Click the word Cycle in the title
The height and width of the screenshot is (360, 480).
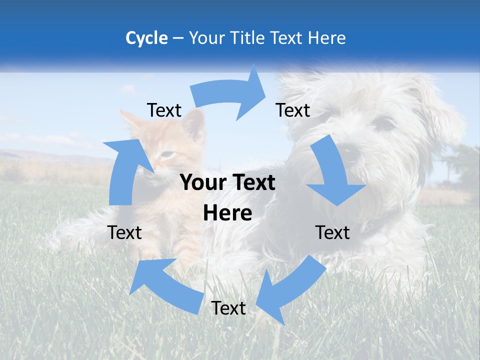click(146, 38)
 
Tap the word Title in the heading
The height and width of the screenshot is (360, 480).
click(251, 38)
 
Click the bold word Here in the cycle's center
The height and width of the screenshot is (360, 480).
click(227, 213)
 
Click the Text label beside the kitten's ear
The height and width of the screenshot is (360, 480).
click(164, 110)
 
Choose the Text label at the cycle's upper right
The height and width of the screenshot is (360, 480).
click(293, 110)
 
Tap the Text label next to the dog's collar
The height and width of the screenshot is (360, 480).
click(332, 232)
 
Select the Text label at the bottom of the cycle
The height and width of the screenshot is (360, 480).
click(228, 308)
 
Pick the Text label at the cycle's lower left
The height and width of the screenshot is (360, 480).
click(124, 232)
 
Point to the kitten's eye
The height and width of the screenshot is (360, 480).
click(169, 154)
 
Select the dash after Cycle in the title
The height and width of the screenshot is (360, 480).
click(178, 38)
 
